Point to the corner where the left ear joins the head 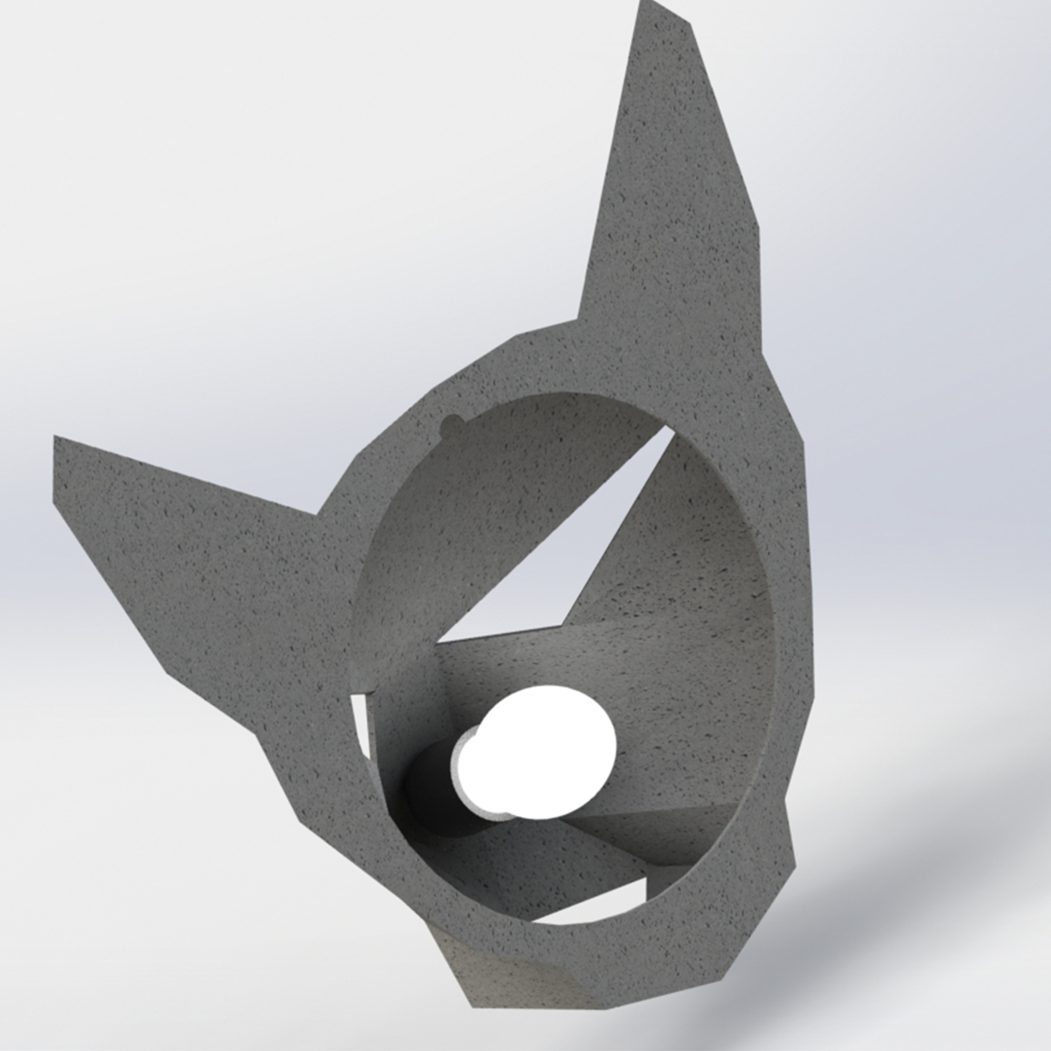tap(318, 514)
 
